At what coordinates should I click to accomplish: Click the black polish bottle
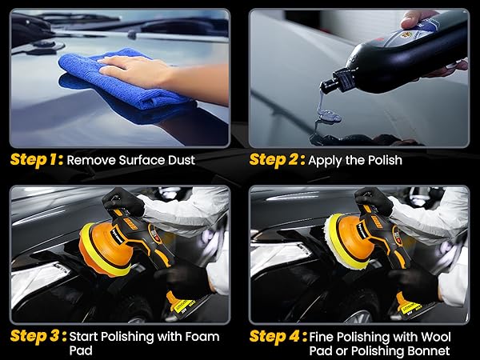[400, 52]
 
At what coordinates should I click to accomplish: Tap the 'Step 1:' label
[36, 159]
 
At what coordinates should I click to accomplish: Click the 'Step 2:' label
[276, 159]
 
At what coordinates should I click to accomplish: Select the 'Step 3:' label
[36, 335]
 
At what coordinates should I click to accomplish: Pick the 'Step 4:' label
[276, 335]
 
